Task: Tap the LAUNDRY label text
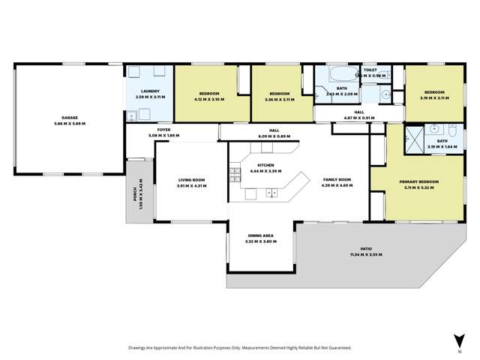[x=149, y=92]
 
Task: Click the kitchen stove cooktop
[x=235, y=175]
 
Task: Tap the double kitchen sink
[x=271, y=193]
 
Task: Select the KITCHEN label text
[x=266, y=164]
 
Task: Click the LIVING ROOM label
[x=191, y=181]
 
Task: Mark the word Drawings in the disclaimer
[x=139, y=348]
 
